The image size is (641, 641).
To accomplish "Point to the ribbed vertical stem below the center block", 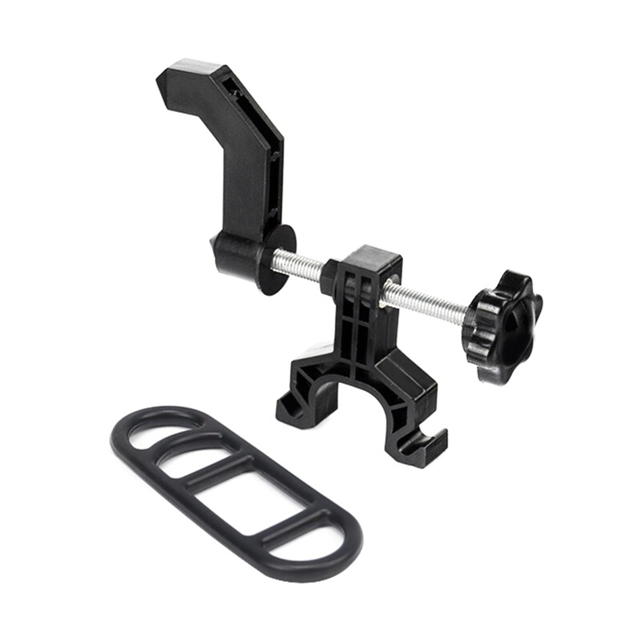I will click(x=361, y=337).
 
